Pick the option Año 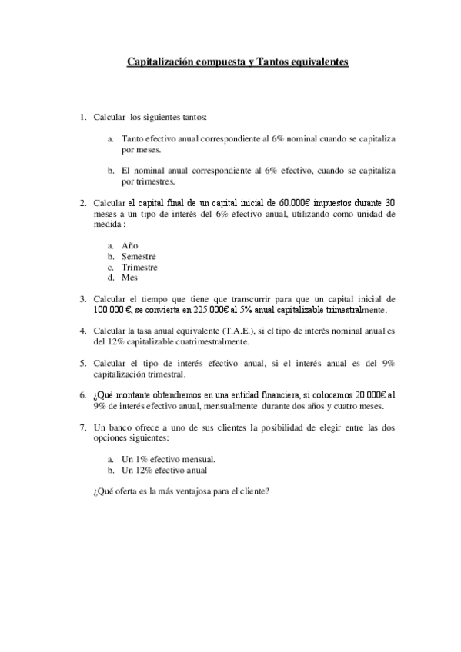(130, 245)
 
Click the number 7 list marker (83, 427)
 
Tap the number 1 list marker (83, 118)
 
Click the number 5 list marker (83, 363)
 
